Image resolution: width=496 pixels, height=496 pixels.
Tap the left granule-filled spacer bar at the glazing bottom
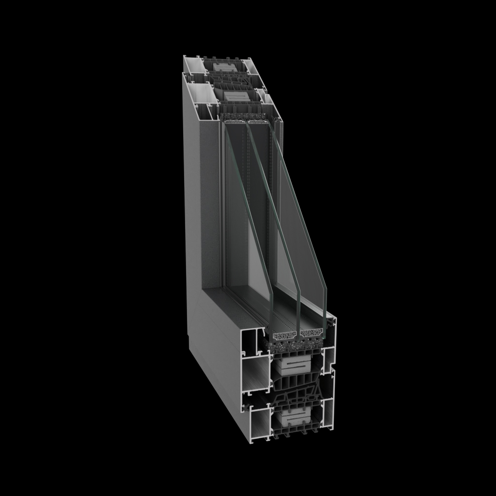point(286,335)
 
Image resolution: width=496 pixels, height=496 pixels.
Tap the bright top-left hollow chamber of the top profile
point(193,65)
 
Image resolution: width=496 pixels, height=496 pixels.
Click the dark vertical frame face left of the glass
point(210,203)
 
